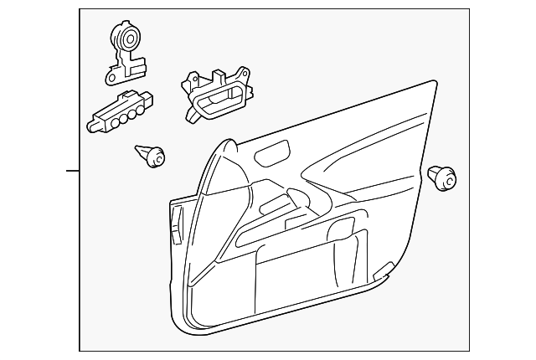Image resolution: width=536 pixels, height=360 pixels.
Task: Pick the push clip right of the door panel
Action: tap(442, 178)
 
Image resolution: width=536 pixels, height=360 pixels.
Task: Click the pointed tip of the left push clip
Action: tap(137, 151)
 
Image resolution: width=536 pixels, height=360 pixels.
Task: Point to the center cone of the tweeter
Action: tap(128, 38)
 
